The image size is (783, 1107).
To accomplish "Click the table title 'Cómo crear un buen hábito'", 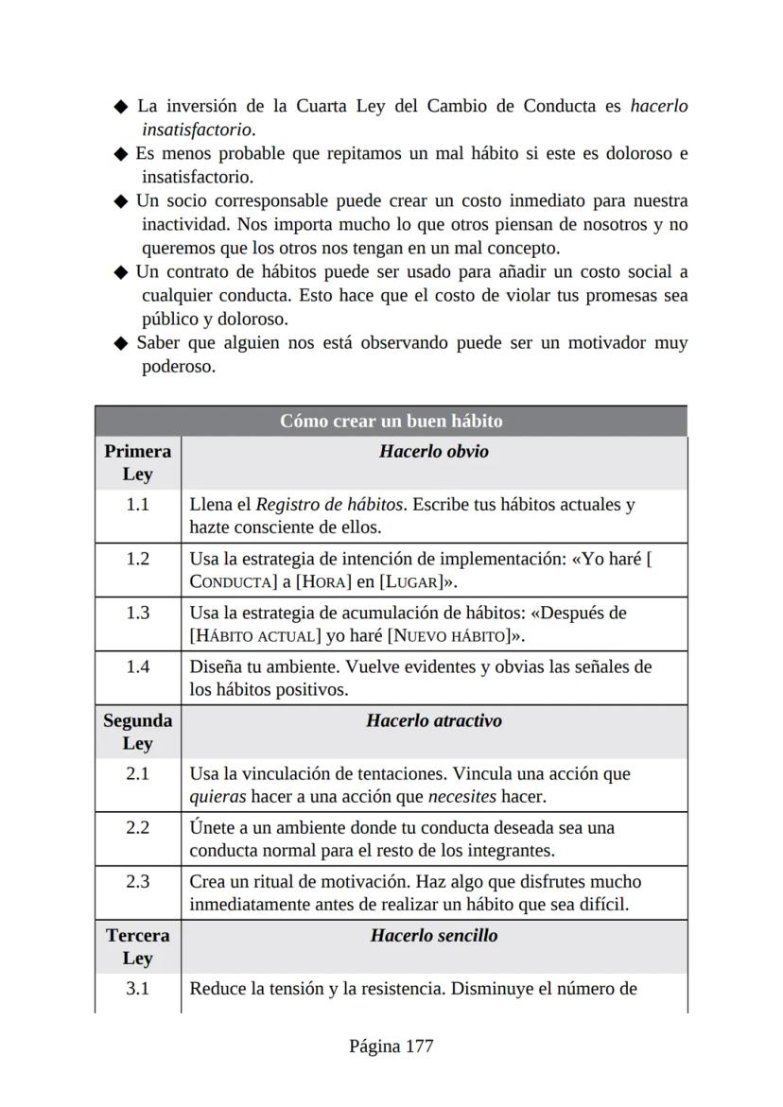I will (391, 421).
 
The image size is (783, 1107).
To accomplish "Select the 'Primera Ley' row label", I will (137, 462).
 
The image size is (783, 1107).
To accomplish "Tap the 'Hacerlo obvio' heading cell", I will (434, 452).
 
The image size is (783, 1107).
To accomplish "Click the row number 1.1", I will (137, 505).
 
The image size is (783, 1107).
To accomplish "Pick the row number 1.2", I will (137, 559).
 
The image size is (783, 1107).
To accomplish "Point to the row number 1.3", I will (137, 613).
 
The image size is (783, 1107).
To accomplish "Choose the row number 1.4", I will (137, 666).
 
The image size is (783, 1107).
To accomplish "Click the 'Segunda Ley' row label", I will (137, 732).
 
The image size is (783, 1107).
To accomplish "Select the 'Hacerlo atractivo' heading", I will (434, 721).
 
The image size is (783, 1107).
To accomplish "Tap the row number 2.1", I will (137, 774).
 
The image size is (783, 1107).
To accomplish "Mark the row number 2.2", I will (137, 828).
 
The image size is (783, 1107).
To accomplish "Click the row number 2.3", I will (137, 882).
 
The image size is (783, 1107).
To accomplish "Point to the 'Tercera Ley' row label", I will (137, 946).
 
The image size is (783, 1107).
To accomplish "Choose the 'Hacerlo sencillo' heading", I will (434, 936).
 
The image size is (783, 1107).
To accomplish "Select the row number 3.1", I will (137, 990).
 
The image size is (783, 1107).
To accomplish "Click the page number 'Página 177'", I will (391, 1046).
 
